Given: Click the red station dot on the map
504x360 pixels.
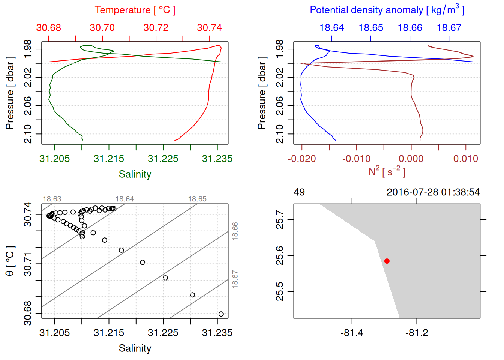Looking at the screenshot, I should click(x=387, y=261).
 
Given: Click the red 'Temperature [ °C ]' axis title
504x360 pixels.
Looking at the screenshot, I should click(x=135, y=10).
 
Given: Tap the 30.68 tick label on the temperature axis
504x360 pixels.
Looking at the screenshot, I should click(x=49, y=28).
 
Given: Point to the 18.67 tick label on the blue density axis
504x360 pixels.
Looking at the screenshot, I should click(x=449, y=28).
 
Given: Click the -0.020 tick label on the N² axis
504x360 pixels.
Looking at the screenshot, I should click(x=302, y=159).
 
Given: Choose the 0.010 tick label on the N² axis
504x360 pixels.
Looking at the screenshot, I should click(x=466, y=159).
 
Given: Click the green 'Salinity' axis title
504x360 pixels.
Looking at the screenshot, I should click(x=135, y=174).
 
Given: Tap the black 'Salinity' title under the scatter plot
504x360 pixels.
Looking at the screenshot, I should click(x=135, y=348).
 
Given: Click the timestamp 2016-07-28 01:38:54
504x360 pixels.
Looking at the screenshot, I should click(x=433, y=192).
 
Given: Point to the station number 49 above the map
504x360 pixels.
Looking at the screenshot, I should click(x=299, y=192).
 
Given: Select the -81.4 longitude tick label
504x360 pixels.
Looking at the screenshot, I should click(x=352, y=333).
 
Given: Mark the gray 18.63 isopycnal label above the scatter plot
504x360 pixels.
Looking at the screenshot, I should click(x=52, y=199).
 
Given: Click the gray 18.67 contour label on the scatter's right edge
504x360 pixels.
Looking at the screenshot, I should click(x=235, y=279).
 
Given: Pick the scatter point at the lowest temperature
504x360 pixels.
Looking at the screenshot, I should click(x=221, y=314).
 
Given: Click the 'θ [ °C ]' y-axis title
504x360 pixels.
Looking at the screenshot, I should click(x=10, y=261).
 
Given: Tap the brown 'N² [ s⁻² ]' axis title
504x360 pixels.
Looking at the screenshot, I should click(x=387, y=172).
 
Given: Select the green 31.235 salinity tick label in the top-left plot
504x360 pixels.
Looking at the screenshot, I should click(x=217, y=159).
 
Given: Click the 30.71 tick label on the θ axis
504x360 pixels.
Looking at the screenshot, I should click(x=28, y=264).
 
